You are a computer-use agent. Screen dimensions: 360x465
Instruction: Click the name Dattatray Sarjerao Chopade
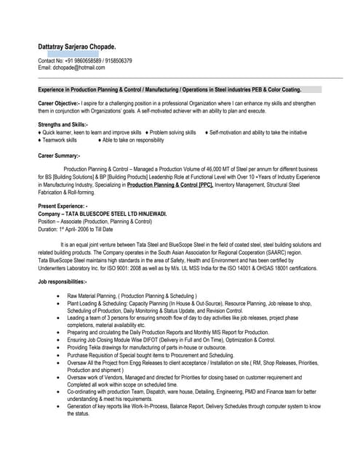pyautogui.click(x=76, y=45)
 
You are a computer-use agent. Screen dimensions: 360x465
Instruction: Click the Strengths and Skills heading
pyautogui.click(x=63, y=125)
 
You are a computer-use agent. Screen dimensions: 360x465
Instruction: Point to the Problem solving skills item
pyautogui.click(x=173, y=133)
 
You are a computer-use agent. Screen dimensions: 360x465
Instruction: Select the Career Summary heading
pyautogui.click(x=59, y=155)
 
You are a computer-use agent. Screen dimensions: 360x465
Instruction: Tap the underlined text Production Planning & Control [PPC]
pyautogui.click(x=170, y=185)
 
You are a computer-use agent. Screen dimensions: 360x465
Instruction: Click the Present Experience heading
pyautogui.click(x=62, y=207)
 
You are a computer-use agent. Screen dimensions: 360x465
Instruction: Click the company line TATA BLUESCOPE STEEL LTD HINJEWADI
pyautogui.click(x=103, y=214)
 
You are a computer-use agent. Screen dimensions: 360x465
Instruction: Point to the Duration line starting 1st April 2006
pyautogui.click(x=76, y=229)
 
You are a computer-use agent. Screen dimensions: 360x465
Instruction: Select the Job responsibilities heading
pyautogui.click(x=62, y=281)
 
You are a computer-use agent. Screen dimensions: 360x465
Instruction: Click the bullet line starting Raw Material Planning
pyautogui.click(x=132, y=296)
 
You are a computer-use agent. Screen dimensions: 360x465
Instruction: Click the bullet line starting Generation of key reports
pyautogui.click(x=193, y=406)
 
